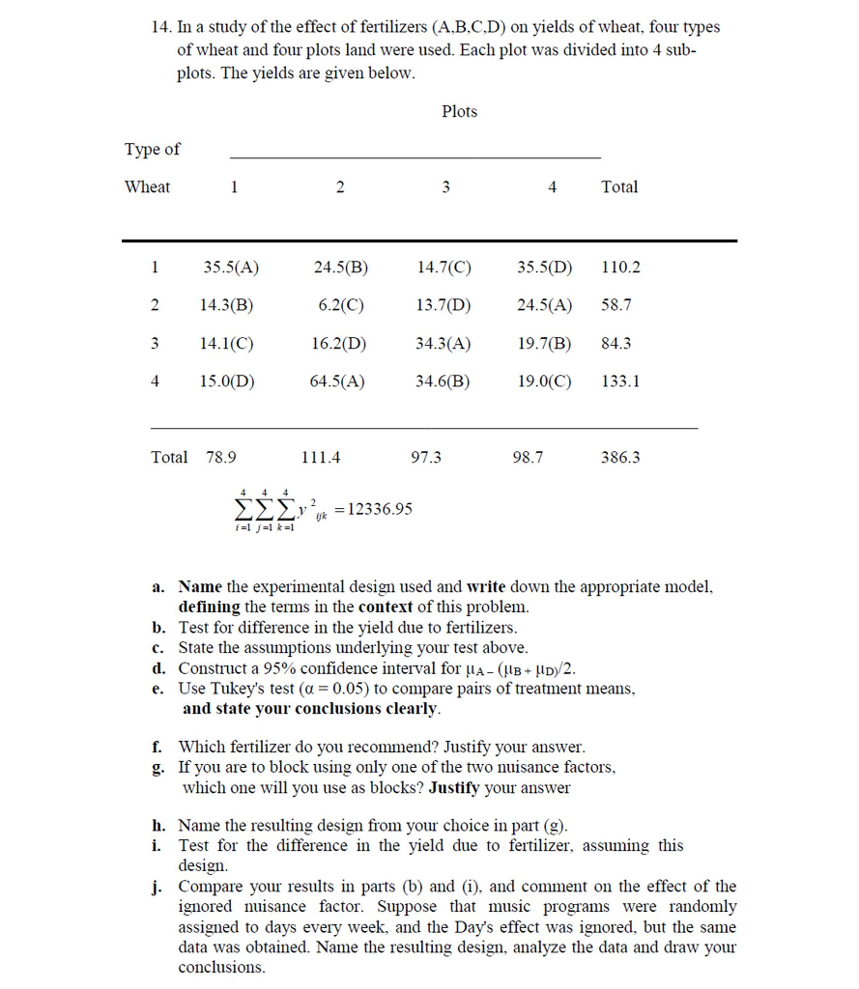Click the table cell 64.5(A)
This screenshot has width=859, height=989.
point(336,381)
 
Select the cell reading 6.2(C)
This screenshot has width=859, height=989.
point(340,305)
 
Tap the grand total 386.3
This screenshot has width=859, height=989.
point(620,458)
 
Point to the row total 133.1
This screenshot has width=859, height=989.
point(620,381)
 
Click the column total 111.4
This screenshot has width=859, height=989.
point(321,458)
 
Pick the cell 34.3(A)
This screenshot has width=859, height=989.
point(444,343)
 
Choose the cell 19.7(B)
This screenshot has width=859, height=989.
point(544,343)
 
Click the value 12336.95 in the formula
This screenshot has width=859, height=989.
point(379,509)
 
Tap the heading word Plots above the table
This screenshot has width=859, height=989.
point(459,112)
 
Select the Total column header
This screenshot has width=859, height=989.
point(619,187)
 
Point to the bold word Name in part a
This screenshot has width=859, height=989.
point(200,587)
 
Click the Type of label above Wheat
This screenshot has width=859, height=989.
point(152,150)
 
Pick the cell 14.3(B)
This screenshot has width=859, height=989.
point(226,305)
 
